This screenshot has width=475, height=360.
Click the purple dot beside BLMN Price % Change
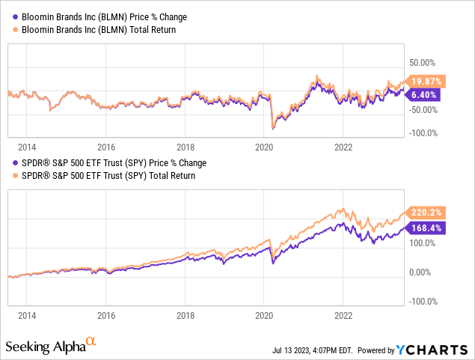tap(13, 16)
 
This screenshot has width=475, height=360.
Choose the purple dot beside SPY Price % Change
tap(13, 162)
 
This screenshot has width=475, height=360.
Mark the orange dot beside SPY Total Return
tap(13, 176)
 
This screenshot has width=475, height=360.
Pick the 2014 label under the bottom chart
tap(26, 316)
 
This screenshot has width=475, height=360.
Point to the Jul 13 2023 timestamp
tap(315, 350)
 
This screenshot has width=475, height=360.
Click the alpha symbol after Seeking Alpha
tap(91, 341)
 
